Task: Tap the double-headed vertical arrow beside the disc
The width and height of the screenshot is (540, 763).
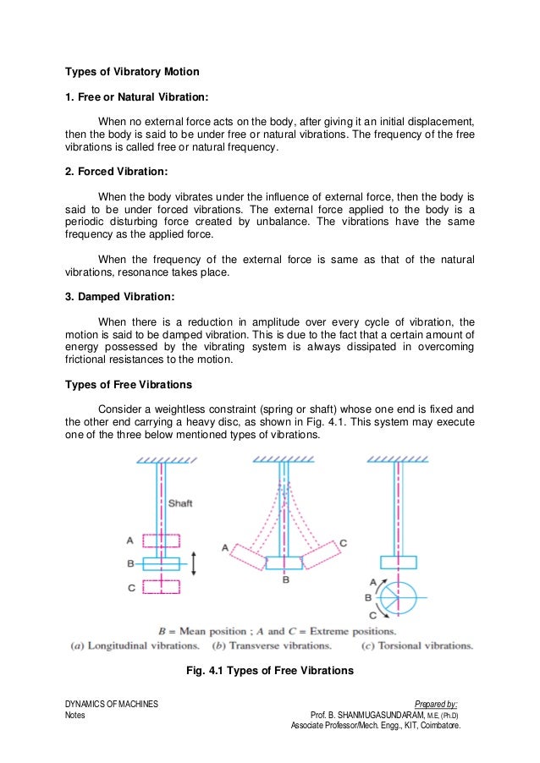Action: point(194,563)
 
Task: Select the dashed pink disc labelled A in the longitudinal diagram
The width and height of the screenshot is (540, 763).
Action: point(160,541)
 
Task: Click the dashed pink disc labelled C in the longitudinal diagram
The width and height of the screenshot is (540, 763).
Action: point(160,586)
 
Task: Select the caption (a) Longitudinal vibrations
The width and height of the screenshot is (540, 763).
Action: point(135,645)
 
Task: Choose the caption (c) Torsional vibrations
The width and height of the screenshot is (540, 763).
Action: point(416,645)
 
